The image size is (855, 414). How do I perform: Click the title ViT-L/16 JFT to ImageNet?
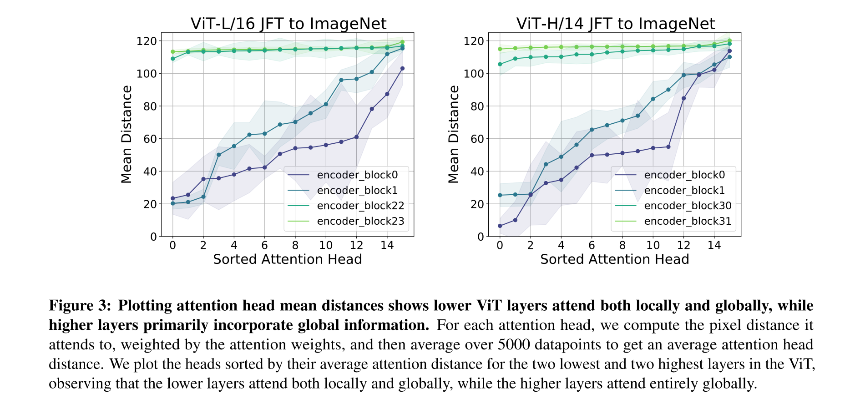288,24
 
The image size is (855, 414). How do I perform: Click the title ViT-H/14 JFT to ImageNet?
615,24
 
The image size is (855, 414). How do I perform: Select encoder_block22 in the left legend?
360,206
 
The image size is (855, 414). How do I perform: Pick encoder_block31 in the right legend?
687,222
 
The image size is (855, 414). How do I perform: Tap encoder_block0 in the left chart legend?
357,175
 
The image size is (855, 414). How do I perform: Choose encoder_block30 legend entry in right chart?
687,206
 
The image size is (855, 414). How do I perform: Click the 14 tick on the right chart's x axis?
714,246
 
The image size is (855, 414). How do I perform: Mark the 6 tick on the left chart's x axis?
264,246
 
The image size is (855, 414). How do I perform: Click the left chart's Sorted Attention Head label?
287,259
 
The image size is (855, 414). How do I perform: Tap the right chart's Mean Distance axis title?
454,135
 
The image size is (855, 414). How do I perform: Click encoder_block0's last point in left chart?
402,68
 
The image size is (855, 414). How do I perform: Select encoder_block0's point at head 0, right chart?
500,226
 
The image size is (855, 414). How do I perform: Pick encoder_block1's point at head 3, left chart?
218,155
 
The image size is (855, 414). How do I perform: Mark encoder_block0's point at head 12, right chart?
683,98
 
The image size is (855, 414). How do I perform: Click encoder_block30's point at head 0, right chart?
500,64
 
